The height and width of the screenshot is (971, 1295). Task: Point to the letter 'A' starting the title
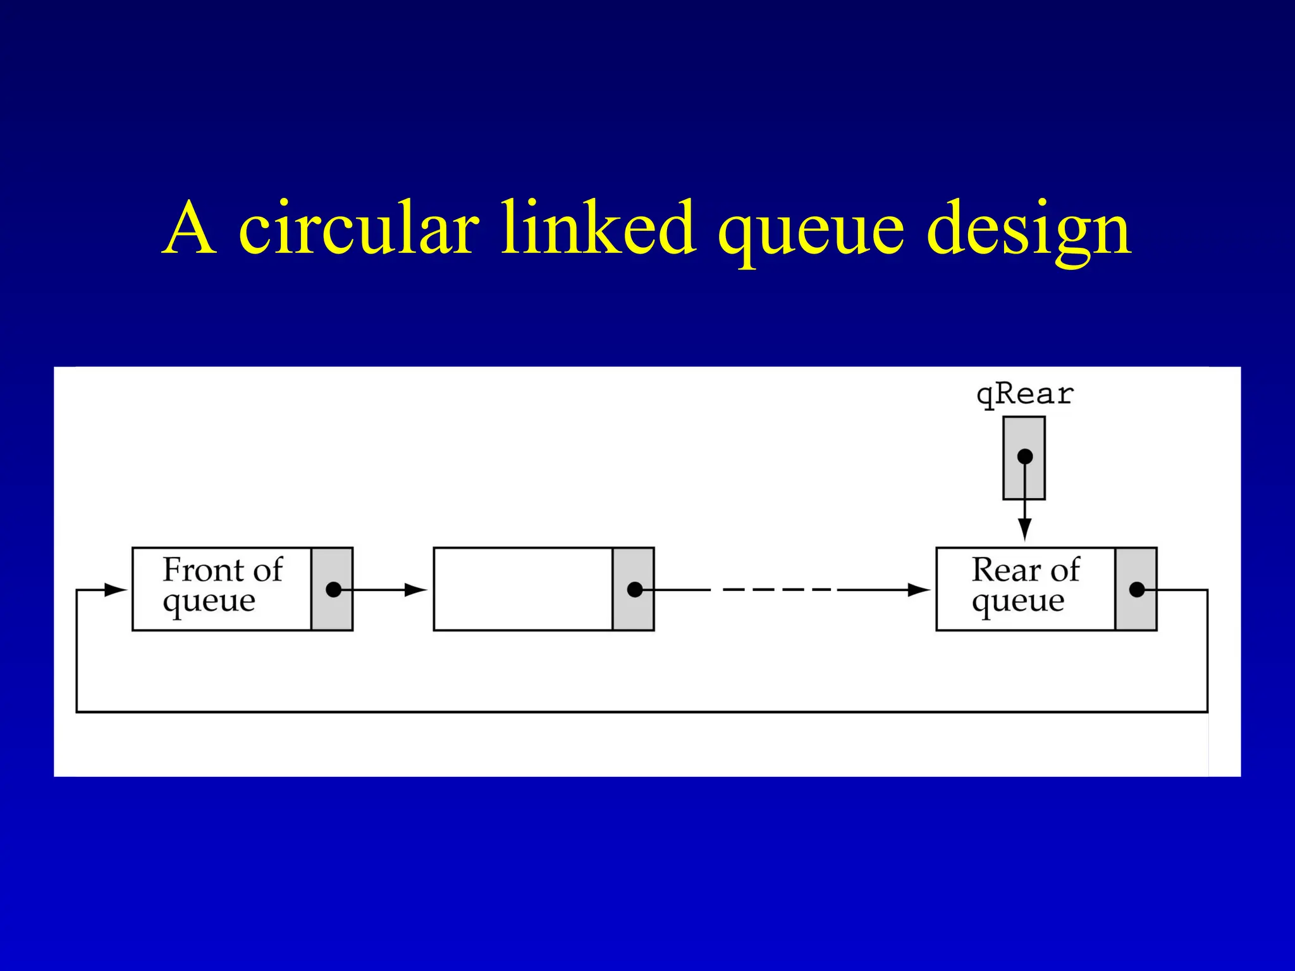(x=190, y=229)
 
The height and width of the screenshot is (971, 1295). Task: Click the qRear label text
(x=1025, y=395)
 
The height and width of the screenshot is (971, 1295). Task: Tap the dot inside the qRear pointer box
(x=1025, y=456)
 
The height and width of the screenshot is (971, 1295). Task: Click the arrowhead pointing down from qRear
(x=1025, y=529)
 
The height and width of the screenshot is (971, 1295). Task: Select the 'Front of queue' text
(x=221, y=585)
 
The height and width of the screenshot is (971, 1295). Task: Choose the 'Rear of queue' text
(x=1025, y=585)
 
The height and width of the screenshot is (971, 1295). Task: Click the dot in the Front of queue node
(x=333, y=590)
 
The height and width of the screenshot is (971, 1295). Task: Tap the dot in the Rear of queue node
(x=1137, y=590)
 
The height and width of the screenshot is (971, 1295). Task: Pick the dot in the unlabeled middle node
(x=635, y=590)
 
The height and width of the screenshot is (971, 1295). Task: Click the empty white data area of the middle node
(x=522, y=589)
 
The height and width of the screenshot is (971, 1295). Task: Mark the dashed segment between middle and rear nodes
(x=778, y=590)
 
